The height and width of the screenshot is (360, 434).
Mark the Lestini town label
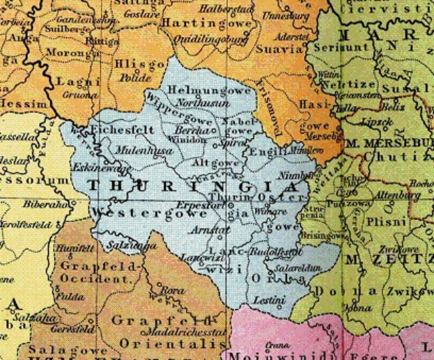pos(271,301)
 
